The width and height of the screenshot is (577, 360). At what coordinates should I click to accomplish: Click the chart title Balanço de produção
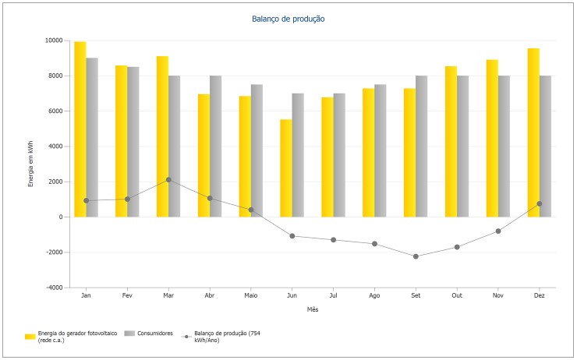point(288,18)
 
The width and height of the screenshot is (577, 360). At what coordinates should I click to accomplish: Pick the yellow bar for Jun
point(285,168)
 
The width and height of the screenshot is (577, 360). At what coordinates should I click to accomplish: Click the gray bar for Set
point(421,146)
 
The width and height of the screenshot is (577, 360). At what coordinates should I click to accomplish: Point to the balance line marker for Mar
point(168,179)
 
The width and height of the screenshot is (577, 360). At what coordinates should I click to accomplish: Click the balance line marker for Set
point(416,256)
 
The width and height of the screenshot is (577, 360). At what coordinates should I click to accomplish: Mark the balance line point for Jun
point(292,235)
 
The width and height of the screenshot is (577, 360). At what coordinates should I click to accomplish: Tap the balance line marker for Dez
point(539,203)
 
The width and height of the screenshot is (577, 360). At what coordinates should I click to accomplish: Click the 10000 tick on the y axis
point(53,41)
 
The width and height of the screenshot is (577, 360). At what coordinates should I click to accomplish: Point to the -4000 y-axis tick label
point(53,288)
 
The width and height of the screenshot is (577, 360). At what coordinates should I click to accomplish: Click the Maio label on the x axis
point(250,296)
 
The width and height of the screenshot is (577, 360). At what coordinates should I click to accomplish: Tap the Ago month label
point(374,296)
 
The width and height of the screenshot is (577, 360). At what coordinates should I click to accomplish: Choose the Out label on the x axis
point(457,296)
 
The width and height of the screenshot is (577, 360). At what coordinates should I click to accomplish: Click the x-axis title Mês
point(312,309)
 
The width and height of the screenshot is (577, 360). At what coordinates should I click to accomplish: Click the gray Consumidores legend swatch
point(129,335)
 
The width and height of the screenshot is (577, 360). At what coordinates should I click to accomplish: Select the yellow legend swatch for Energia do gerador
point(30,335)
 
